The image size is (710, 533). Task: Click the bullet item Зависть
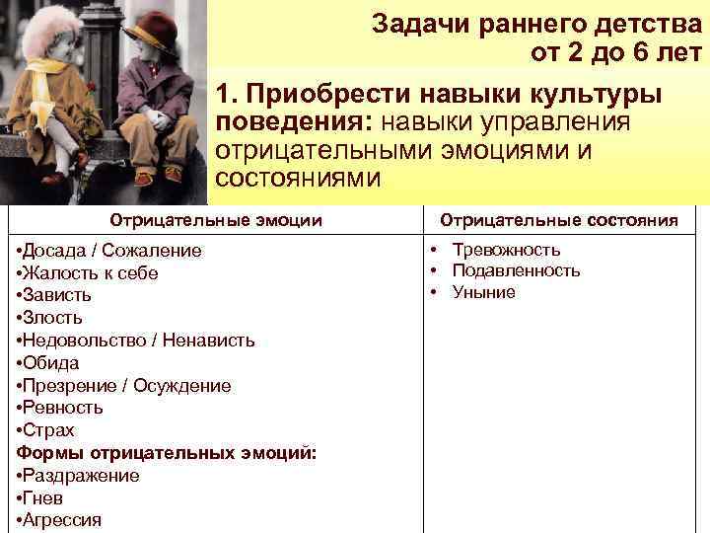point(57,295)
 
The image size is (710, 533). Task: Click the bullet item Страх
point(48,430)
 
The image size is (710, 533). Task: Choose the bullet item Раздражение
point(81,476)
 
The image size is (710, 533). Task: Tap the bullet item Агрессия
point(62,520)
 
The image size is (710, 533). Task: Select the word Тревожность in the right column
point(506,250)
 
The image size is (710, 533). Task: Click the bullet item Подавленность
point(516,270)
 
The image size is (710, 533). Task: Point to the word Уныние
point(483,292)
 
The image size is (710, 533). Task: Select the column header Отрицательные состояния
point(558,219)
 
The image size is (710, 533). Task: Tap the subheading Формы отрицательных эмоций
point(167,453)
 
